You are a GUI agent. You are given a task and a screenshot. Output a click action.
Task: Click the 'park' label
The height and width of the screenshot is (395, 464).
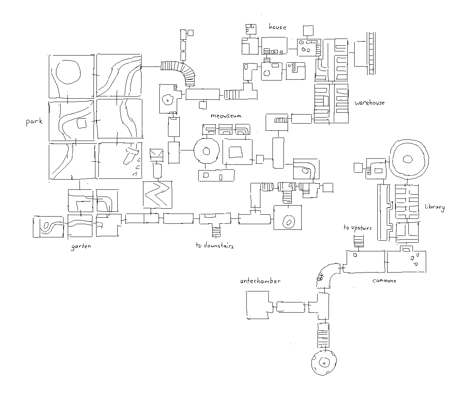tap(34, 122)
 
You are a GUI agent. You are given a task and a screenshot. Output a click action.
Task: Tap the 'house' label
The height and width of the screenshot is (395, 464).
tap(277, 27)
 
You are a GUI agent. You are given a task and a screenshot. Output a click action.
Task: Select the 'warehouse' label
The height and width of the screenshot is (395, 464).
tap(369, 103)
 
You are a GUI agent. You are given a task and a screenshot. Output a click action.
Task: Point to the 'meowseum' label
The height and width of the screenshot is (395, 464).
tap(226, 116)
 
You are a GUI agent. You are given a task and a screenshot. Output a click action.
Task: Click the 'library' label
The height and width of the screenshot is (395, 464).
tap(434, 207)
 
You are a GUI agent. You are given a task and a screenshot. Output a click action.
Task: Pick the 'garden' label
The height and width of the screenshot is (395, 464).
tap(81, 246)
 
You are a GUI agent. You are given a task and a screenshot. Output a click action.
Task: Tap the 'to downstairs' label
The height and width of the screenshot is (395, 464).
tap(214, 246)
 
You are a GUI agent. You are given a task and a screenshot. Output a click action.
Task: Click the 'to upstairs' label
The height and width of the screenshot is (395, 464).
tap(357, 228)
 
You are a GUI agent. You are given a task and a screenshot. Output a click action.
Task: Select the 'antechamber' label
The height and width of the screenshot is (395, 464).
tap(260, 281)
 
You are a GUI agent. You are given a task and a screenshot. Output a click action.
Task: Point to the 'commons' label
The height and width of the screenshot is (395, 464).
tap(384, 281)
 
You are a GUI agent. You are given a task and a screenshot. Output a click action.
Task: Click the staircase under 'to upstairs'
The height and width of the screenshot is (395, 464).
tap(358, 241)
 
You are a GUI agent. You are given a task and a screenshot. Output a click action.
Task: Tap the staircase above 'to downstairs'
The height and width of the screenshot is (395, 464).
tap(216, 231)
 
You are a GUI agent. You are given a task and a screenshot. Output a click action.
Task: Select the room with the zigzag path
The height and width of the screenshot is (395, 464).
tap(157, 195)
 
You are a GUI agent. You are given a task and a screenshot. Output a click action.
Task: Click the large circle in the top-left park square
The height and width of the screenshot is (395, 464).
tap(68, 72)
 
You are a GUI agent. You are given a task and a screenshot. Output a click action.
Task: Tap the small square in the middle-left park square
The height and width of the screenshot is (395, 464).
tap(82, 124)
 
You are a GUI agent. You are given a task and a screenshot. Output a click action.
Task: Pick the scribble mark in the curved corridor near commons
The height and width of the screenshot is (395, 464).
tap(320, 277)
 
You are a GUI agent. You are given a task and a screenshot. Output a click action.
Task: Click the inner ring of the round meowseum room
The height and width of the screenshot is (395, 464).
tap(206, 151)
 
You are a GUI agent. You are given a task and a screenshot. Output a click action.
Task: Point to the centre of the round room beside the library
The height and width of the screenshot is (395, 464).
tap(408, 160)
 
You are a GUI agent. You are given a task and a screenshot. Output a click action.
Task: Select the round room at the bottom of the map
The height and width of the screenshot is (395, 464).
tap(324, 362)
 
